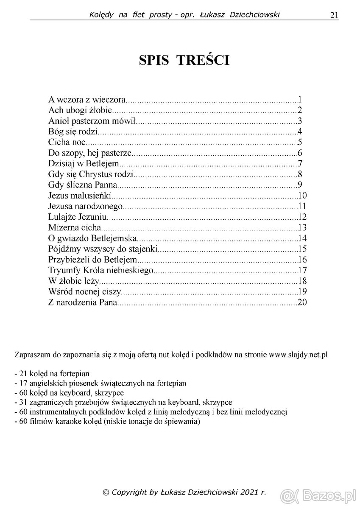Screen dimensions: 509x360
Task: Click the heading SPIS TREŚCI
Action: [184, 60]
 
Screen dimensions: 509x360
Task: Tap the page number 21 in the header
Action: [334, 15]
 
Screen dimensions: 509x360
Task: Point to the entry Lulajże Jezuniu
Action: [77, 217]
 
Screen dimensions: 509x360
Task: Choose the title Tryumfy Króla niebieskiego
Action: [100, 270]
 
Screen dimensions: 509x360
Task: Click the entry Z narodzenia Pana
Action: [83, 302]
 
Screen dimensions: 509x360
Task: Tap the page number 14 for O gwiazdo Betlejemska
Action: [302, 238]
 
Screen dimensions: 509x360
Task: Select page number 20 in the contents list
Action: [302, 302]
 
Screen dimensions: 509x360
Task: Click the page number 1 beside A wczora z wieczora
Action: [299, 101]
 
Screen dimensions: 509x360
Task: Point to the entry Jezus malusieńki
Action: [80, 196]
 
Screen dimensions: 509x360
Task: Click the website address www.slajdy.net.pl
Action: [299, 354]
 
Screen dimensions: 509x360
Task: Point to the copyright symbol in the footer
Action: [106, 492]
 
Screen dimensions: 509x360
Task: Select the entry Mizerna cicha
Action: [74, 228]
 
